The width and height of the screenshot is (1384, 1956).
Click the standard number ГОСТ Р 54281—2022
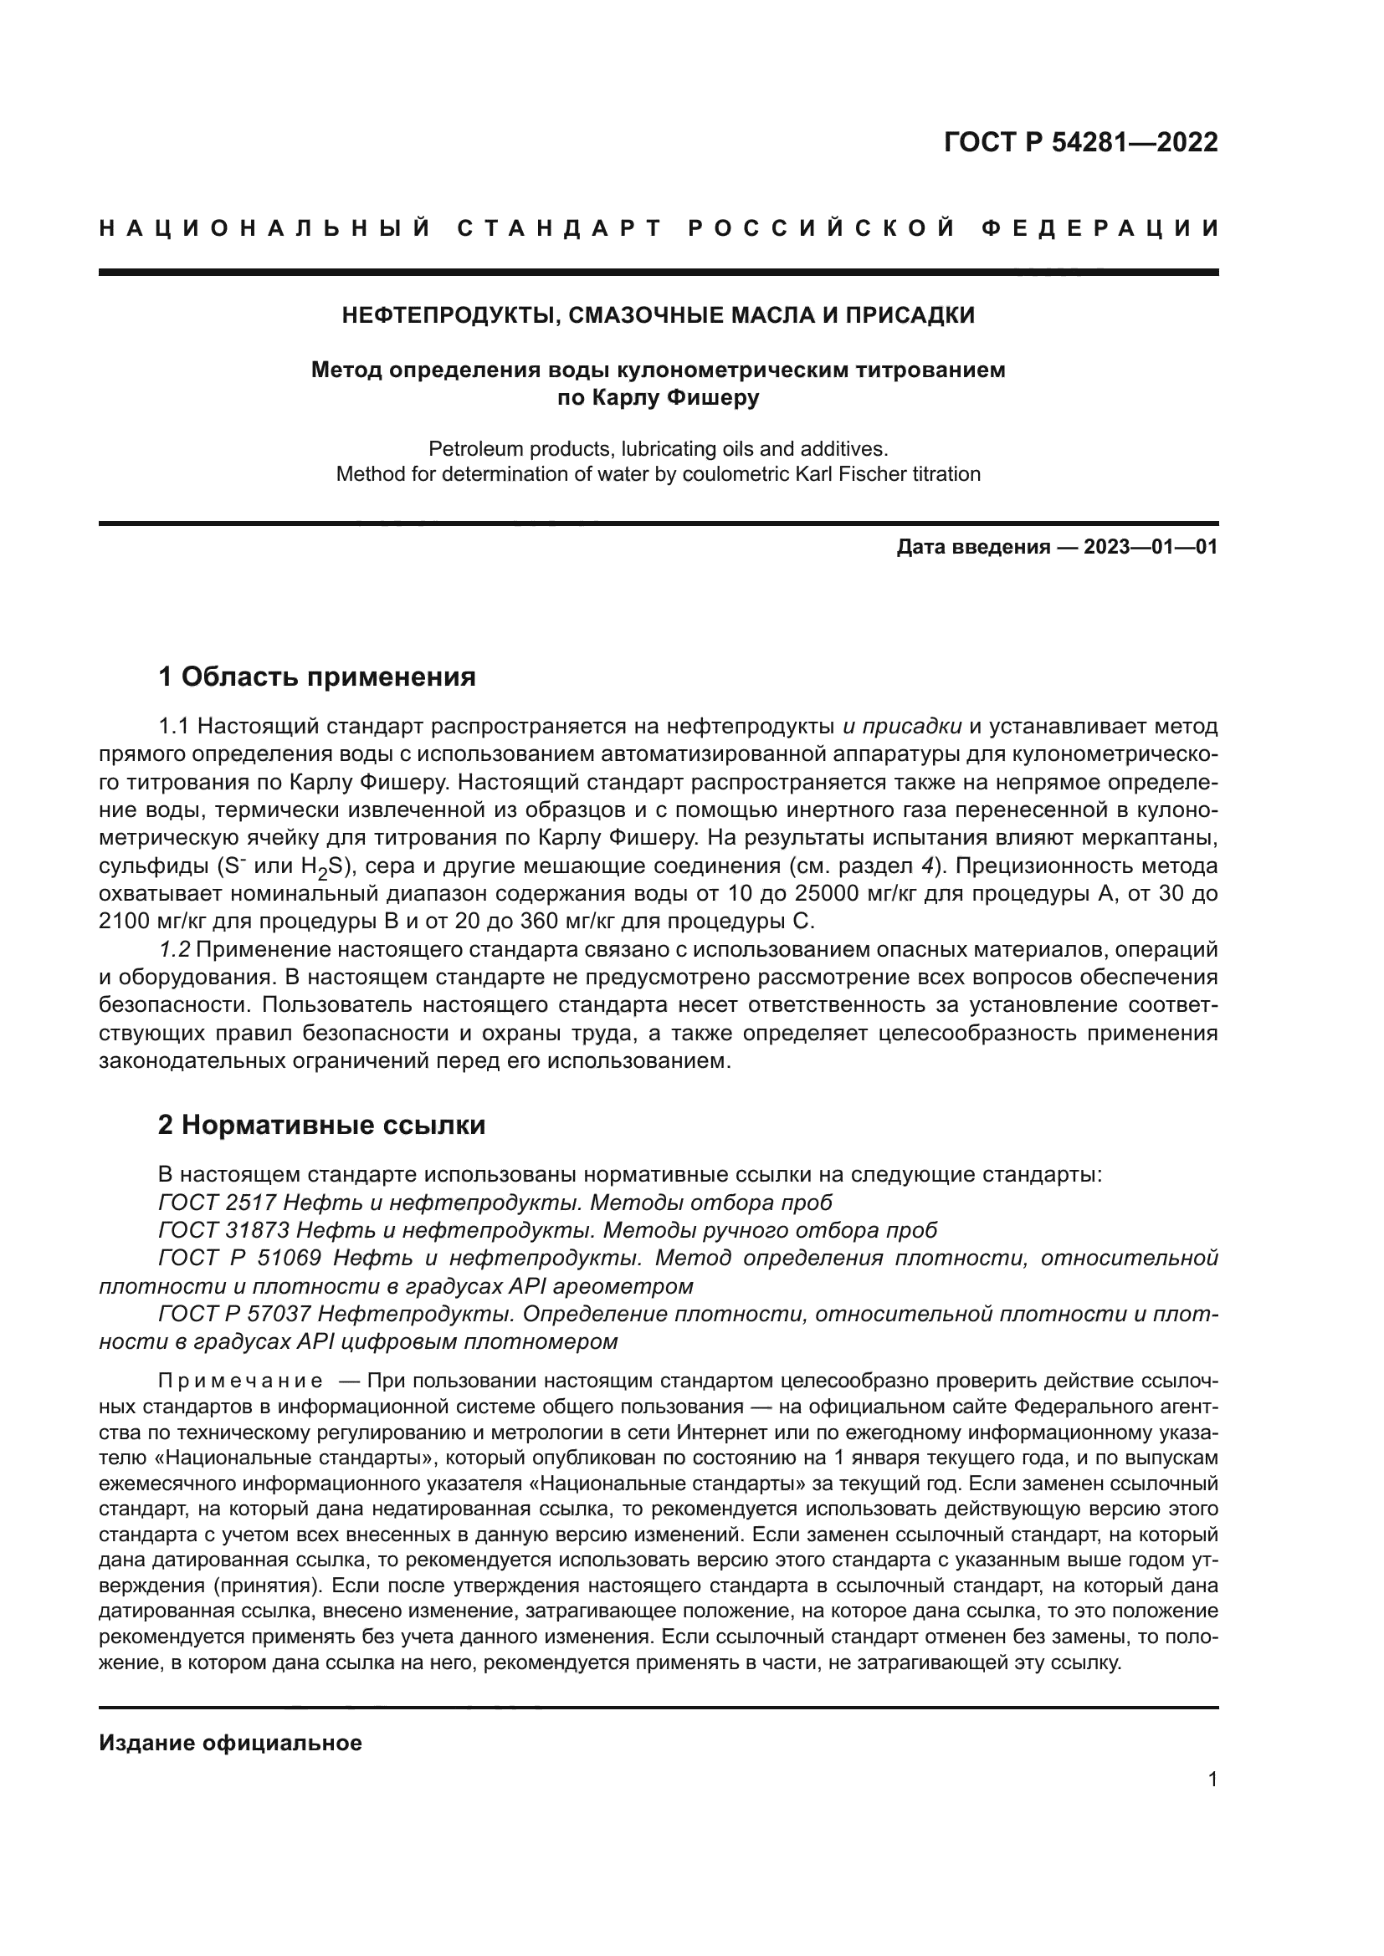point(1079,142)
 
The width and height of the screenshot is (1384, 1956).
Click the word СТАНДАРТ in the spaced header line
point(560,228)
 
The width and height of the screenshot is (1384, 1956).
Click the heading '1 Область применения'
point(316,677)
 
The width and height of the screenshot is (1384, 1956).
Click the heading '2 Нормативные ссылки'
point(321,1125)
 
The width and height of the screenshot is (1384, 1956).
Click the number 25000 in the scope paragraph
point(825,894)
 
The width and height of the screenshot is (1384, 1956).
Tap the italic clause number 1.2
point(175,949)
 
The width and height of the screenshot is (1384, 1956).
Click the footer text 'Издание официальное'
point(230,1743)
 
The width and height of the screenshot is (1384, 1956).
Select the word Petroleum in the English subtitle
point(468,448)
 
